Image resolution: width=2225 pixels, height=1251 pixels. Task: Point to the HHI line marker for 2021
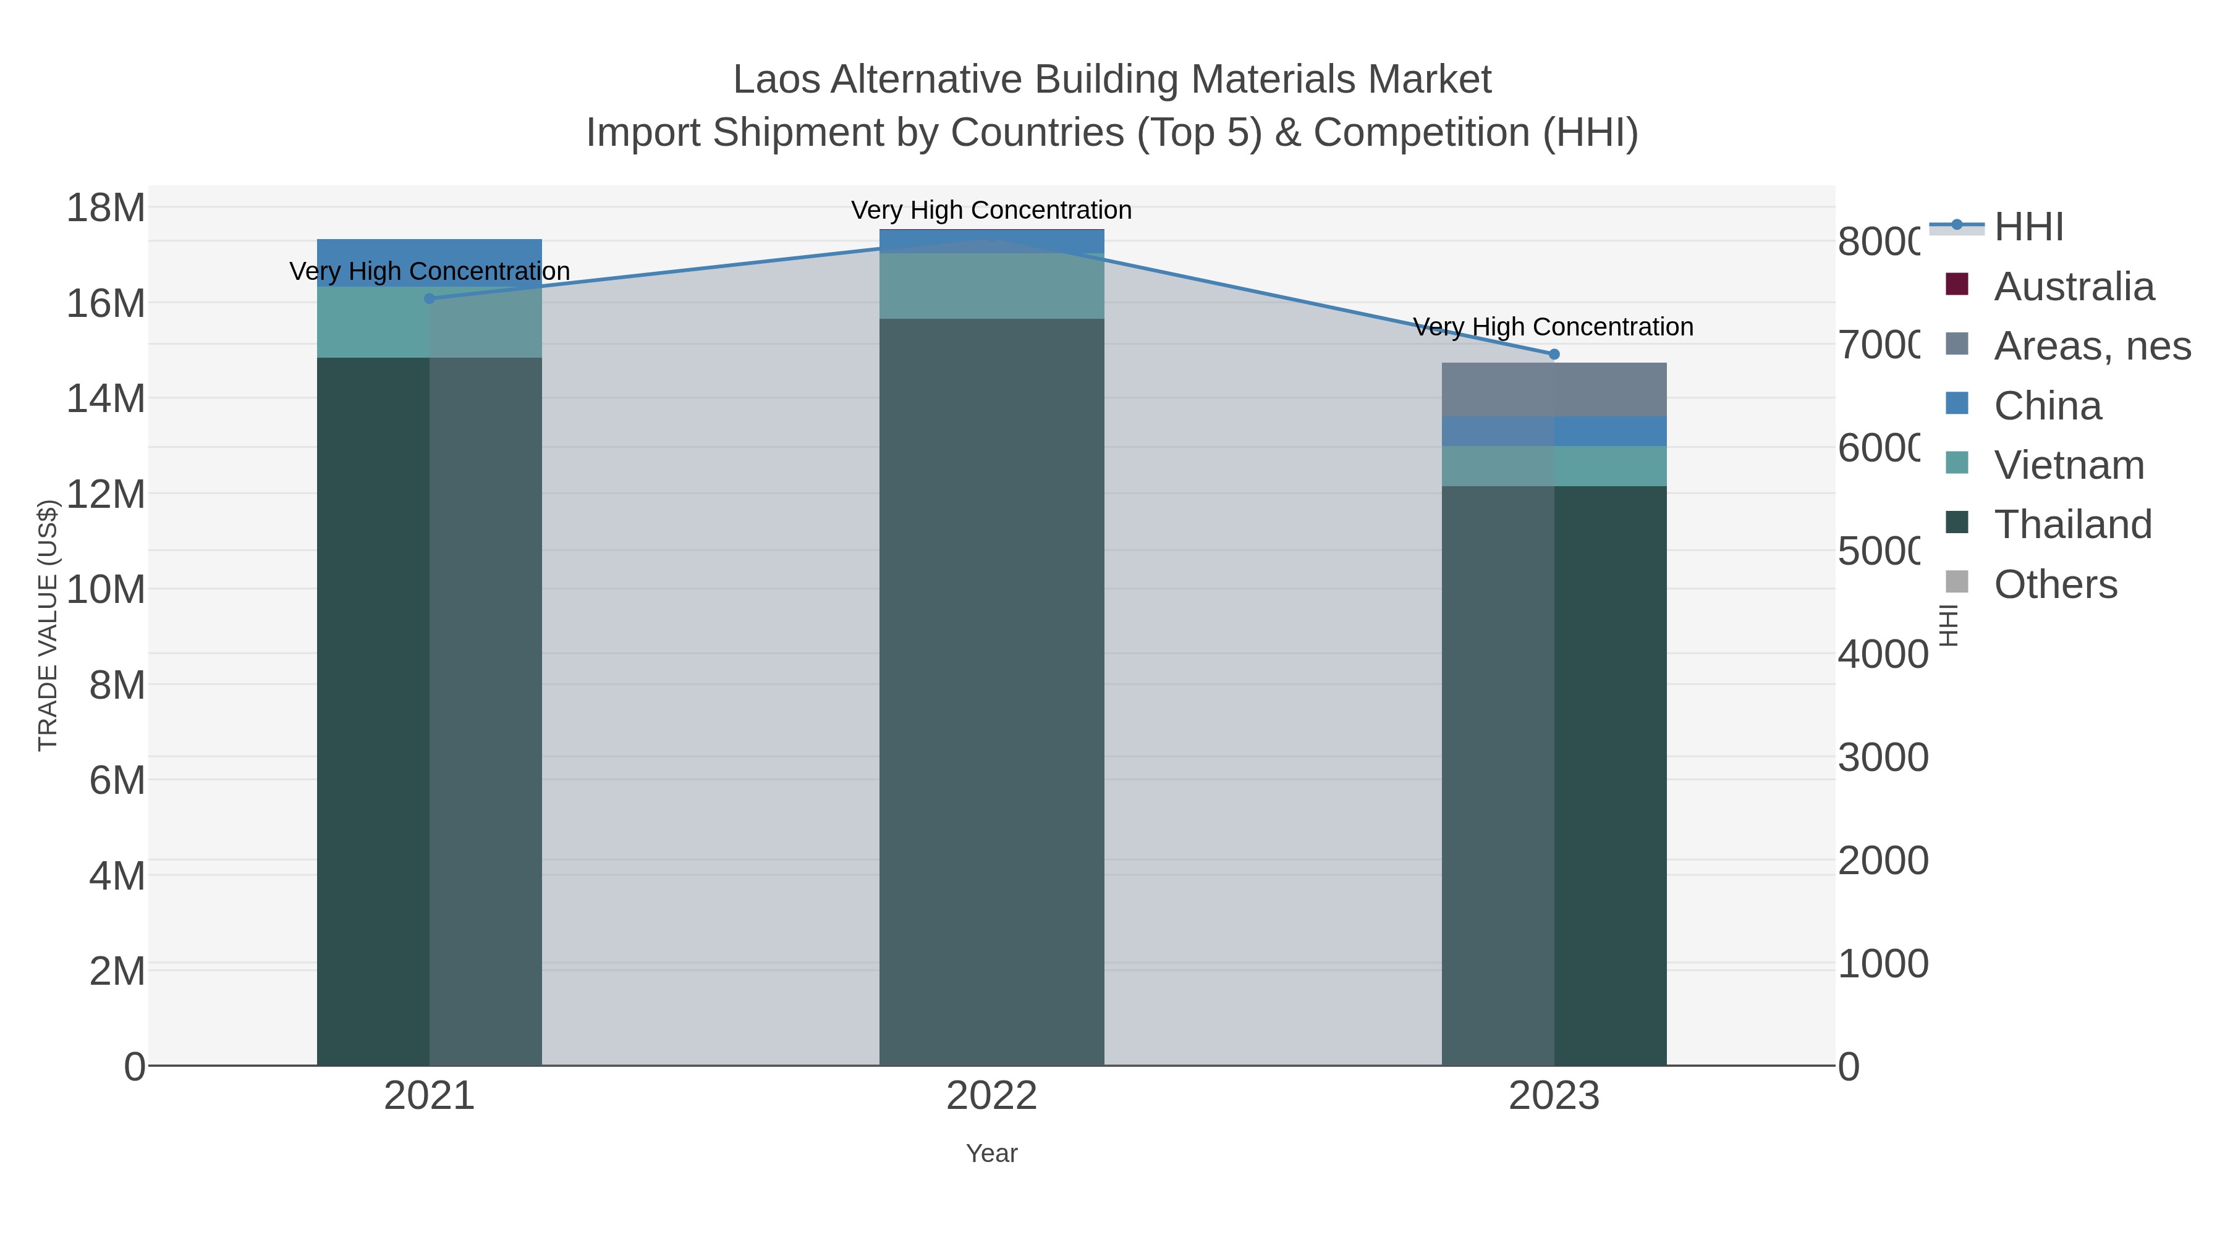pyautogui.click(x=430, y=299)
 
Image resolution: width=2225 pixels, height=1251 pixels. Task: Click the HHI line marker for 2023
pyautogui.click(x=1554, y=354)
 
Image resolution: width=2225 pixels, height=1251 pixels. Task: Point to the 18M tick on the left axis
pyautogui.click(x=105, y=208)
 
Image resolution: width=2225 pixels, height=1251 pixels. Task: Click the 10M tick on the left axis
pyautogui.click(x=105, y=590)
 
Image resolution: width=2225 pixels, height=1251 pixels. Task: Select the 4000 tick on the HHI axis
pyautogui.click(x=1882, y=654)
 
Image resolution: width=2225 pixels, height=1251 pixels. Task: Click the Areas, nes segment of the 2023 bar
pyautogui.click(x=1554, y=389)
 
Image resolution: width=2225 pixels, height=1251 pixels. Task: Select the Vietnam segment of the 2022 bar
pyautogui.click(x=991, y=286)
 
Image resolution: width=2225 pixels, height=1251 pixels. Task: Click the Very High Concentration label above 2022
pyautogui.click(x=991, y=210)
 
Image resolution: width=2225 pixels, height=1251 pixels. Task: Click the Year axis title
pyautogui.click(x=991, y=1153)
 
